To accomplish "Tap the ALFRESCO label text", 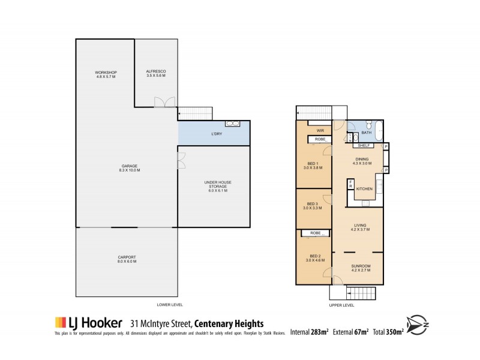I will pos(155,74).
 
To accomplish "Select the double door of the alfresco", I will pos(163,102).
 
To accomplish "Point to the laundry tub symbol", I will pos(232,124).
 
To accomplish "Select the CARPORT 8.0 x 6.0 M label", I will pos(127,259).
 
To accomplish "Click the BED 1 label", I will pos(312,166).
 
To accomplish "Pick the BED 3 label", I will pos(312,205).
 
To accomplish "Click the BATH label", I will pos(366,133).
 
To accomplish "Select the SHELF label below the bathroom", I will pos(362,145).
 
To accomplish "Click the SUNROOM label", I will pos(360,268).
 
